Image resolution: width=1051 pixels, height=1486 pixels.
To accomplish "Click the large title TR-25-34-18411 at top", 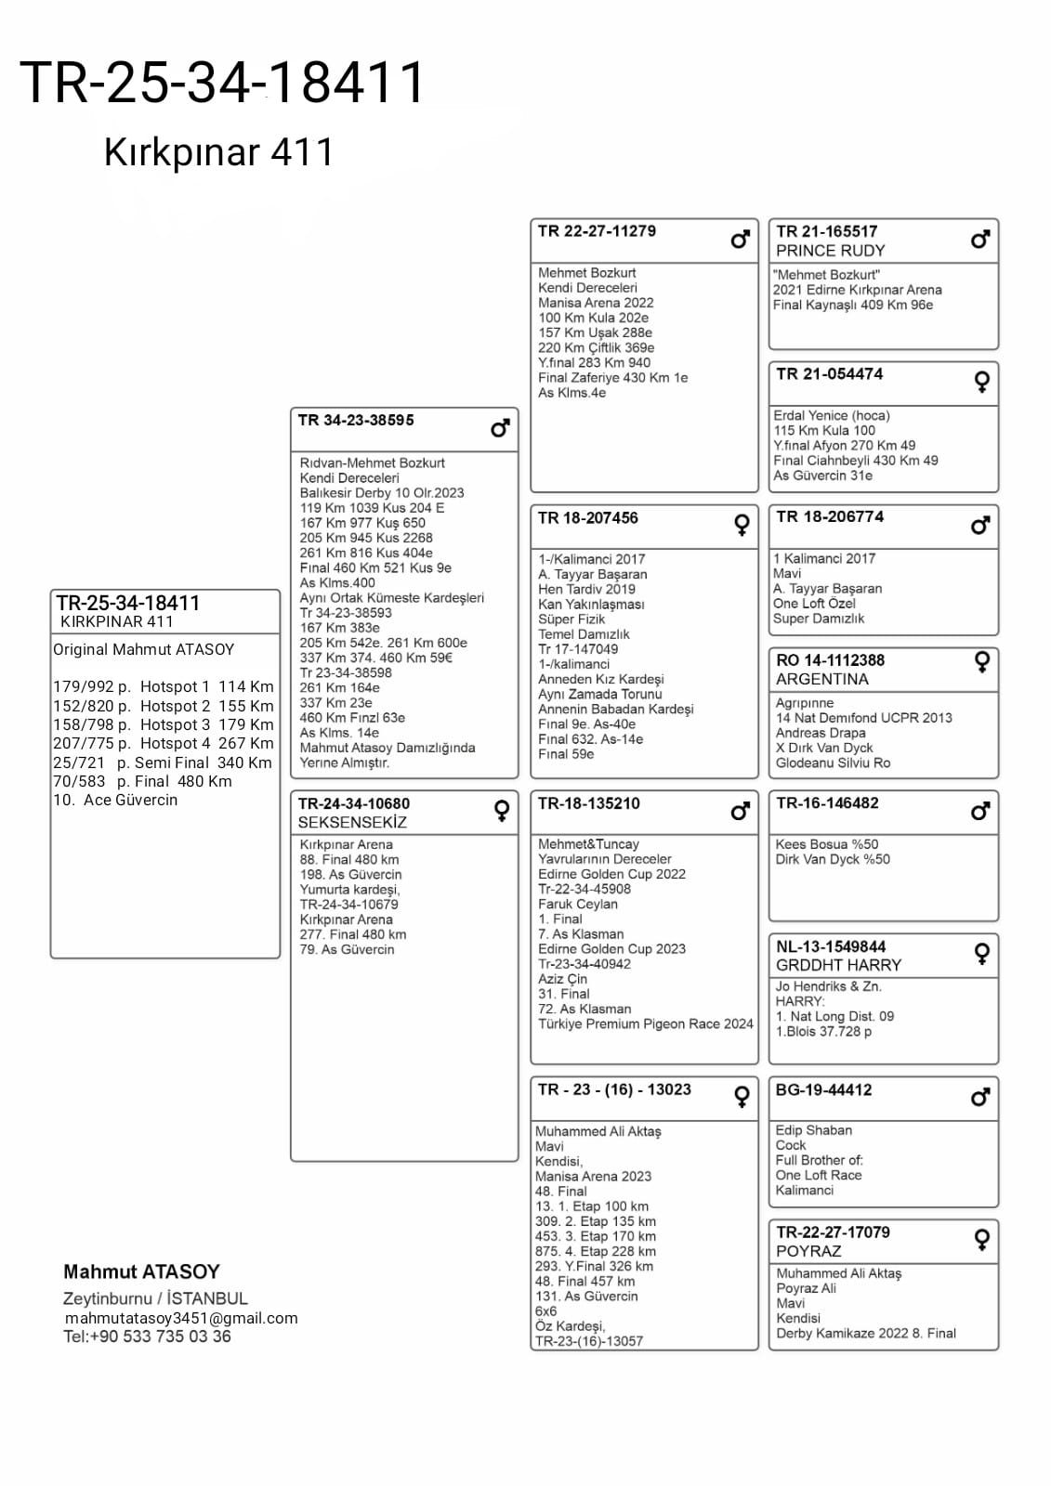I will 223,82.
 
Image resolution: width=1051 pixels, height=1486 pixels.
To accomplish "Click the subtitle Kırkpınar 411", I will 218,152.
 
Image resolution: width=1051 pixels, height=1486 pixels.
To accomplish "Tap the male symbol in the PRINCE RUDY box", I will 979,240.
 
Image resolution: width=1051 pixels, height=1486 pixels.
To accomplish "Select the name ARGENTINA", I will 822,679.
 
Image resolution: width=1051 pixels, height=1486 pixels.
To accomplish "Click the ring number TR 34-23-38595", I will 356,421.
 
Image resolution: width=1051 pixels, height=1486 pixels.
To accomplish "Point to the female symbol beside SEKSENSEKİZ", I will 502,811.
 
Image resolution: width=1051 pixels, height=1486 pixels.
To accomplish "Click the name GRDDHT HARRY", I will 838,965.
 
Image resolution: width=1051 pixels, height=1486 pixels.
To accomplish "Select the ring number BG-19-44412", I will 824,1089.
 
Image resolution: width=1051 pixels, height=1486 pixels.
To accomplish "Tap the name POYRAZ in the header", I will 808,1251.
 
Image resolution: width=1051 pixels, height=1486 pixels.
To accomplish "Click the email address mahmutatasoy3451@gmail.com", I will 181,1318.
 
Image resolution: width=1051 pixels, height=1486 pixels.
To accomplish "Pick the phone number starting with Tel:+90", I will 147,1336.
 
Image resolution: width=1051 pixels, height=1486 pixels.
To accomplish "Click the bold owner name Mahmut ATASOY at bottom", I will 141,1271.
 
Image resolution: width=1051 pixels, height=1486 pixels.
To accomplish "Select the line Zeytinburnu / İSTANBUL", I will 155,1298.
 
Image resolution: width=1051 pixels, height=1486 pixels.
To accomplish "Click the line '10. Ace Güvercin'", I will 115,800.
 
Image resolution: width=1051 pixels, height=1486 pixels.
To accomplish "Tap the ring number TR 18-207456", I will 588,518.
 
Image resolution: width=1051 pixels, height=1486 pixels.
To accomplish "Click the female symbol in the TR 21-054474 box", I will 981,382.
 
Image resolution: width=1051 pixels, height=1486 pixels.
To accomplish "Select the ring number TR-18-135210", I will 588,803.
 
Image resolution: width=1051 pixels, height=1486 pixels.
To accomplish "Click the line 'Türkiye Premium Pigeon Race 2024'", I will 646,1023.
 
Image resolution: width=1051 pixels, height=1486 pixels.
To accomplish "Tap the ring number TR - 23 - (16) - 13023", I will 614,1089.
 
